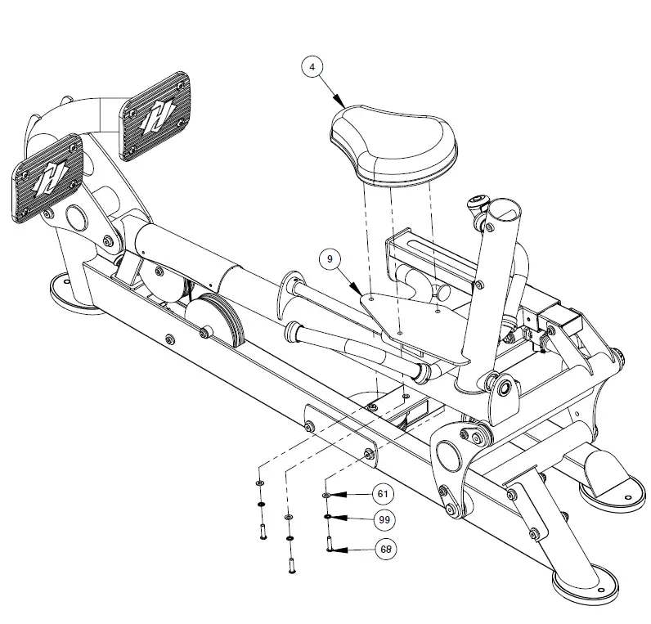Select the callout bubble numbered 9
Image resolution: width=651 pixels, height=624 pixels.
pyautogui.click(x=330, y=259)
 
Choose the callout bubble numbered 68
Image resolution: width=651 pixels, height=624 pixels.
pyautogui.click(x=384, y=549)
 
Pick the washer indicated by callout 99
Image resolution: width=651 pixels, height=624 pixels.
pyautogui.click(x=327, y=519)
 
